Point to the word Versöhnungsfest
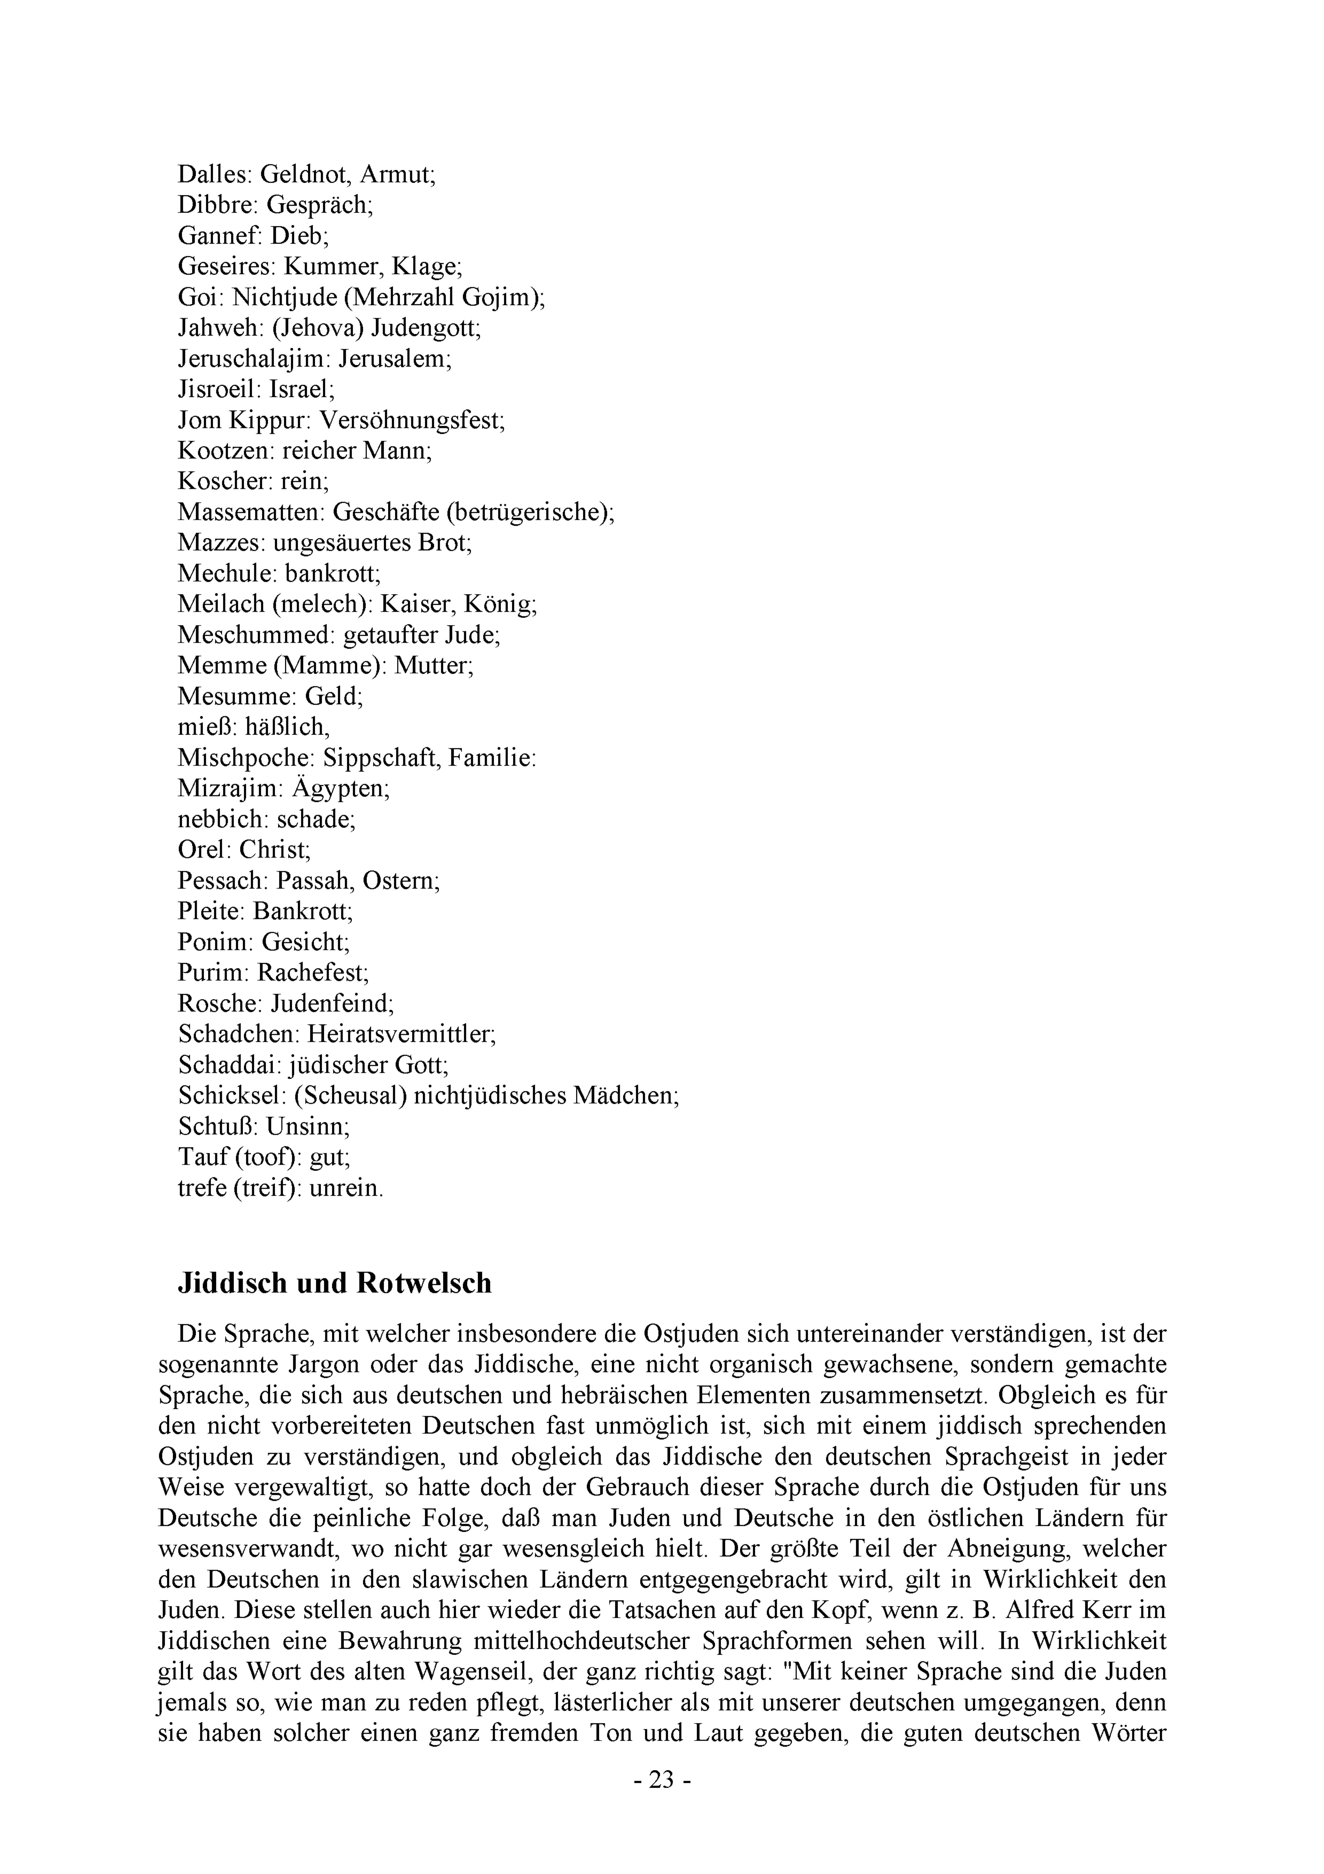(x=412, y=420)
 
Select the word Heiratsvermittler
(x=401, y=1034)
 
